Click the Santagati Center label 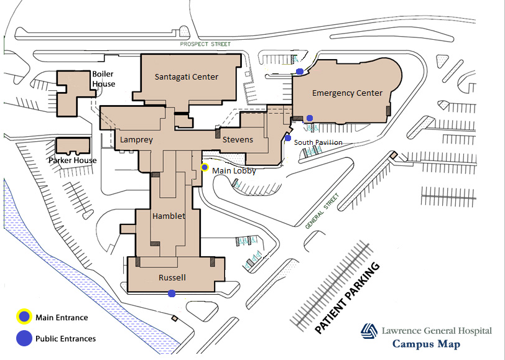pyautogui.click(x=187, y=77)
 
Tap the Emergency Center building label pyautogui.click(x=347, y=93)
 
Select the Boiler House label pyautogui.click(x=104, y=79)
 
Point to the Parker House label pyautogui.click(x=73, y=160)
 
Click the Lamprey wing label pyautogui.click(x=136, y=140)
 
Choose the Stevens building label pyautogui.click(x=238, y=140)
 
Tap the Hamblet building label pyautogui.click(x=169, y=216)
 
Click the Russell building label pyautogui.click(x=172, y=277)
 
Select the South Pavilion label pyautogui.click(x=318, y=142)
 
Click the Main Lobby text pyautogui.click(x=234, y=170)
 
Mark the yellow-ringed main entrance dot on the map pyautogui.click(x=205, y=167)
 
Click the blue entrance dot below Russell pyautogui.click(x=172, y=293)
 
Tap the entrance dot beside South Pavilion pyautogui.click(x=288, y=138)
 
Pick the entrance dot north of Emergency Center pyautogui.click(x=300, y=72)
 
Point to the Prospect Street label pyautogui.click(x=205, y=44)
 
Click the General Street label pyautogui.click(x=322, y=211)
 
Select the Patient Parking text pyautogui.click(x=347, y=298)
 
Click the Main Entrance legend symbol pyautogui.click(x=24, y=316)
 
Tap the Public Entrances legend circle pyautogui.click(x=24, y=338)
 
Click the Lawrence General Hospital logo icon pyautogui.click(x=369, y=331)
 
